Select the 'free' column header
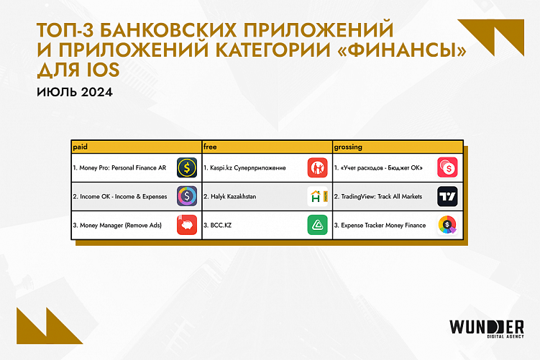point(210,147)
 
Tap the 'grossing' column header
point(348,147)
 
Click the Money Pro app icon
point(187,168)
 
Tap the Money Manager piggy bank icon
point(187,226)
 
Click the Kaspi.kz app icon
point(317,168)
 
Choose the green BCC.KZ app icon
point(317,226)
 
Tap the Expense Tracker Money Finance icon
point(447,226)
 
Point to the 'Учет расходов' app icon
point(447,168)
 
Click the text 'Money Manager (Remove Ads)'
point(117,226)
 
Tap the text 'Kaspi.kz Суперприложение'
point(244,168)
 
